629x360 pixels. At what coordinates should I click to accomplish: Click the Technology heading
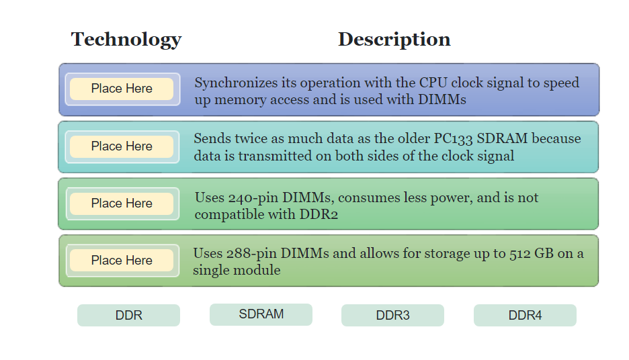[126, 40]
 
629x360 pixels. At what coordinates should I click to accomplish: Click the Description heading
[394, 40]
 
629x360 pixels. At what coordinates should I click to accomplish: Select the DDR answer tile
[128, 315]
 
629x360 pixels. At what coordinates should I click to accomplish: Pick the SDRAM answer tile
[261, 314]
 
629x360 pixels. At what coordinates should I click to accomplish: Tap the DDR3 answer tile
[392, 315]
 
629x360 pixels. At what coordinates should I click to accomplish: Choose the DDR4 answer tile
[525, 315]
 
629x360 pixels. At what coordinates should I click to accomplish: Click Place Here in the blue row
[122, 89]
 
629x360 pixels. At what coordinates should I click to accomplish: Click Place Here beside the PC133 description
[122, 146]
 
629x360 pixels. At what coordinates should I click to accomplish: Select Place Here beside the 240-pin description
[122, 204]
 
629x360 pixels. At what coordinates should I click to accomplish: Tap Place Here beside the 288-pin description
[122, 261]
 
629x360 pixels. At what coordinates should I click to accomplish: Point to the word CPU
[433, 83]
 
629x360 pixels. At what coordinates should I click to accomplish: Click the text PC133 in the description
[452, 139]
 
